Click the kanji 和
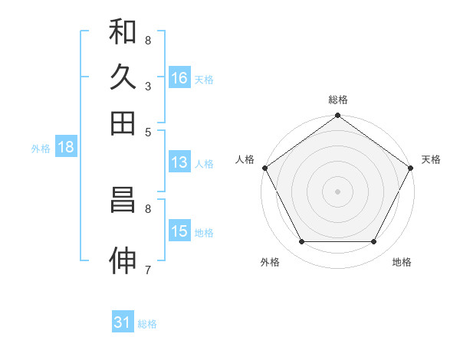[123, 31]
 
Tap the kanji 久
[123, 77]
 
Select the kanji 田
[123, 123]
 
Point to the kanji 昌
[123, 200]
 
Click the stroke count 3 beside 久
[147, 87]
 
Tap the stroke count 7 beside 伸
[147, 270]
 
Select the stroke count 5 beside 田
[147, 132]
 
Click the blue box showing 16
[179, 78]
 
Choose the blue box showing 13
[179, 162]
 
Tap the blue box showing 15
[179, 231]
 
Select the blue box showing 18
[66, 148]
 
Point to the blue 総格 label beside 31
[147, 324]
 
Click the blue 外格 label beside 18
[41, 149]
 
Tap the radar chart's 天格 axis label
[431, 159]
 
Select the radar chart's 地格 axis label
[402, 262]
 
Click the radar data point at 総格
[337, 116]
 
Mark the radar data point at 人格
[264, 168]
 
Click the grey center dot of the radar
[337, 191]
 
